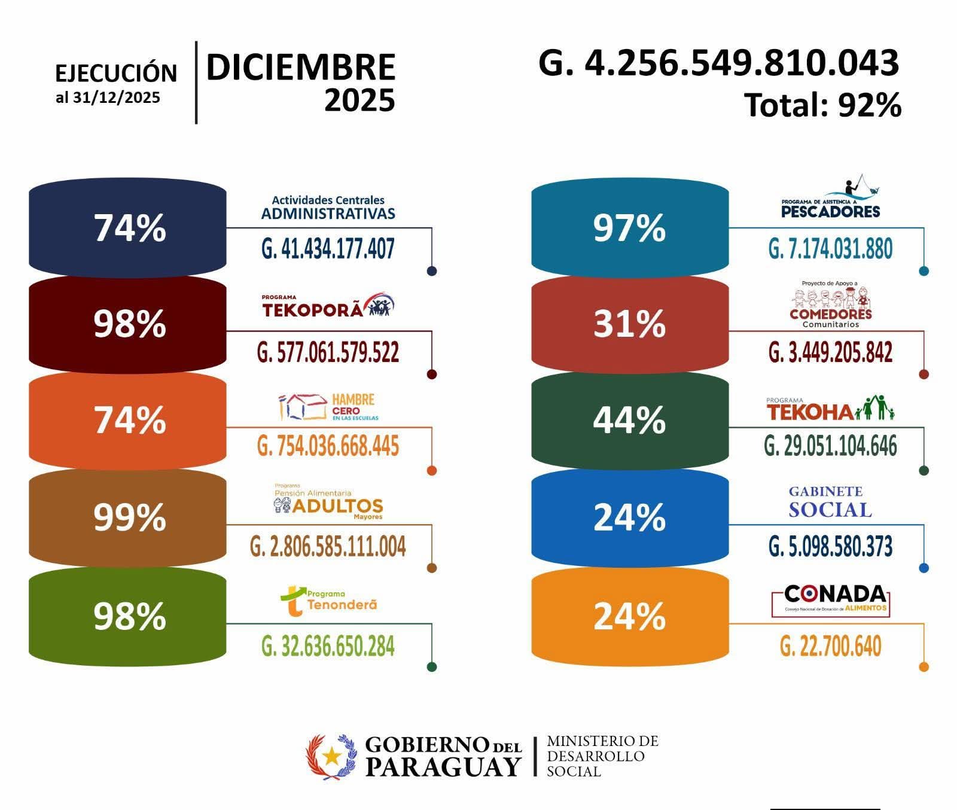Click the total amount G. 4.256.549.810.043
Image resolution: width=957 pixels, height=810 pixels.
click(x=718, y=63)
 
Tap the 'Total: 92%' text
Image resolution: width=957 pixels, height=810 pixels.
click(x=822, y=105)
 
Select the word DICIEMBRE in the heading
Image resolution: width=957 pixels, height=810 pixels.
click(x=300, y=67)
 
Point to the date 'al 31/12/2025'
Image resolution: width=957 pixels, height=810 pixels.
click(x=108, y=98)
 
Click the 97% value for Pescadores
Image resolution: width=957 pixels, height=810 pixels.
click(x=629, y=228)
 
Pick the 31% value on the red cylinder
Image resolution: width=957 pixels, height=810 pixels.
click(x=629, y=324)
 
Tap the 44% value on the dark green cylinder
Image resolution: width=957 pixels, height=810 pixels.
click(x=629, y=420)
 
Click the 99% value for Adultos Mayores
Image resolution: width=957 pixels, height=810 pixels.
click(x=129, y=517)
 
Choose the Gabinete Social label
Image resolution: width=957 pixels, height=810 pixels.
click(x=830, y=501)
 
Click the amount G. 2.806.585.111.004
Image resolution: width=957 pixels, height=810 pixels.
click(x=328, y=547)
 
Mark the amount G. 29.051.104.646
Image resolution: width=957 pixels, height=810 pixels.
click(x=830, y=446)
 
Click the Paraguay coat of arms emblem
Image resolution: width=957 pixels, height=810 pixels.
click(x=330, y=757)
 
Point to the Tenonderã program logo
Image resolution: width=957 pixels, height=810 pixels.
click(x=328, y=601)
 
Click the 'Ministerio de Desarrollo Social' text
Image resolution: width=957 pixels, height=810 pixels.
click(x=602, y=757)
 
